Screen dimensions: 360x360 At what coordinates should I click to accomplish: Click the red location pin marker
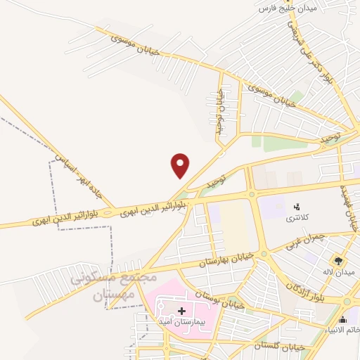click(181, 165)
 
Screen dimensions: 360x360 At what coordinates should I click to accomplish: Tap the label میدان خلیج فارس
click(288, 8)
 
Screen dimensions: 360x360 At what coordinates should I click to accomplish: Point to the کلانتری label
click(296, 219)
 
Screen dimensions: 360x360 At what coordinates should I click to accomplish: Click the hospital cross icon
click(181, 310)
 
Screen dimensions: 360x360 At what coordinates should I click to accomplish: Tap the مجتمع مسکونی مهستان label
click(112, 287)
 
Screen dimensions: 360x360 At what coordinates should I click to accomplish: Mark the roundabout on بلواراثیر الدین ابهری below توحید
click(251, 195)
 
